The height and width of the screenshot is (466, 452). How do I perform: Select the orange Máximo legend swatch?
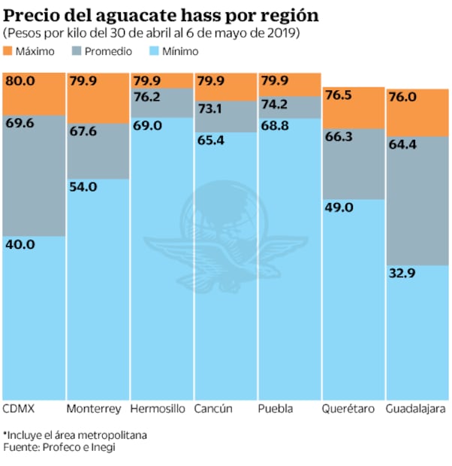pos(10,51)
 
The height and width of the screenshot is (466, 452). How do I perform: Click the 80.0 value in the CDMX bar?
pos(19,81)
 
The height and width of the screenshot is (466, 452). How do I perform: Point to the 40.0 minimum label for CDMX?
pos(19,244)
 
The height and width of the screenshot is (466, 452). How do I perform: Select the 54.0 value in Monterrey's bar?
pos(83,186)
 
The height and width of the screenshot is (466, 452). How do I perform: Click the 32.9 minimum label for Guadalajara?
pos(402,274)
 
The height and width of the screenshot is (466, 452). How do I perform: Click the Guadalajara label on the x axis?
pos(415,410)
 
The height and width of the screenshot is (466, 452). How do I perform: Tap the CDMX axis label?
pos(19,410)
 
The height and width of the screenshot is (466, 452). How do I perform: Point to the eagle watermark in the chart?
pos(225,233)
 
